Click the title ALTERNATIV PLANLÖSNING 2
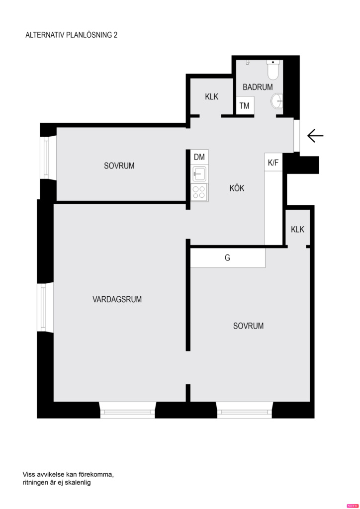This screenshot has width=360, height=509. point(71,35)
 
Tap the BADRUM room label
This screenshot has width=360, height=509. point(258,87)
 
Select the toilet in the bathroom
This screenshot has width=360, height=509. point(273,70)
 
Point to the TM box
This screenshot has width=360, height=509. point(244,106)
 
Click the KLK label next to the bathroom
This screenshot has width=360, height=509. point(212,97)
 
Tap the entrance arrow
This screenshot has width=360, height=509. point(315,135)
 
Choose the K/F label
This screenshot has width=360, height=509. point(273,163)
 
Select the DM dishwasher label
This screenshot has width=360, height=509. point(199,157)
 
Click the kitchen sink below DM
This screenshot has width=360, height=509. point(199,173)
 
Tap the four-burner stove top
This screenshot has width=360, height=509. point(199,192)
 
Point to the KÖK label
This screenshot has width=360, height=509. point(237,188)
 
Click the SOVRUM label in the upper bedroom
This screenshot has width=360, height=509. point(119,166)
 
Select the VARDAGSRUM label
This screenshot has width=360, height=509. point(117,299)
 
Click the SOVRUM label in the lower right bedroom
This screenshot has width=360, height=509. point(248,326)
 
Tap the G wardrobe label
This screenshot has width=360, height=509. point(227,258)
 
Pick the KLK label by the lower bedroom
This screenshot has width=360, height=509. point(297,229)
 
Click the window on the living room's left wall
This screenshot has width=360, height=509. point(46,308)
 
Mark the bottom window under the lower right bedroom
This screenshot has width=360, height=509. point(244,411)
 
